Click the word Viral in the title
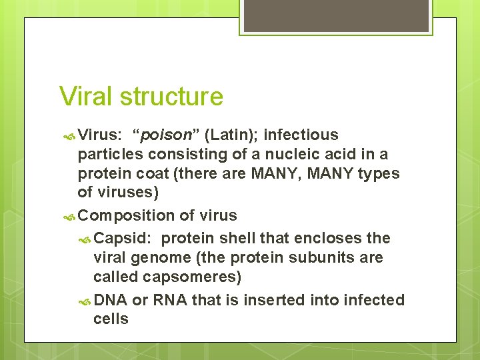tap(87, 97)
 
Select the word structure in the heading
tap(171, 97)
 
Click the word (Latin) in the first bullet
tap(231, 135)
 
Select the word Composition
tap(127, 215)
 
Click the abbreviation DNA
tap(111, 301)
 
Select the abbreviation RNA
tap(169, 301)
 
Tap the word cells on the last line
tap(111, 319)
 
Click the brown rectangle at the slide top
tap(336, 16)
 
